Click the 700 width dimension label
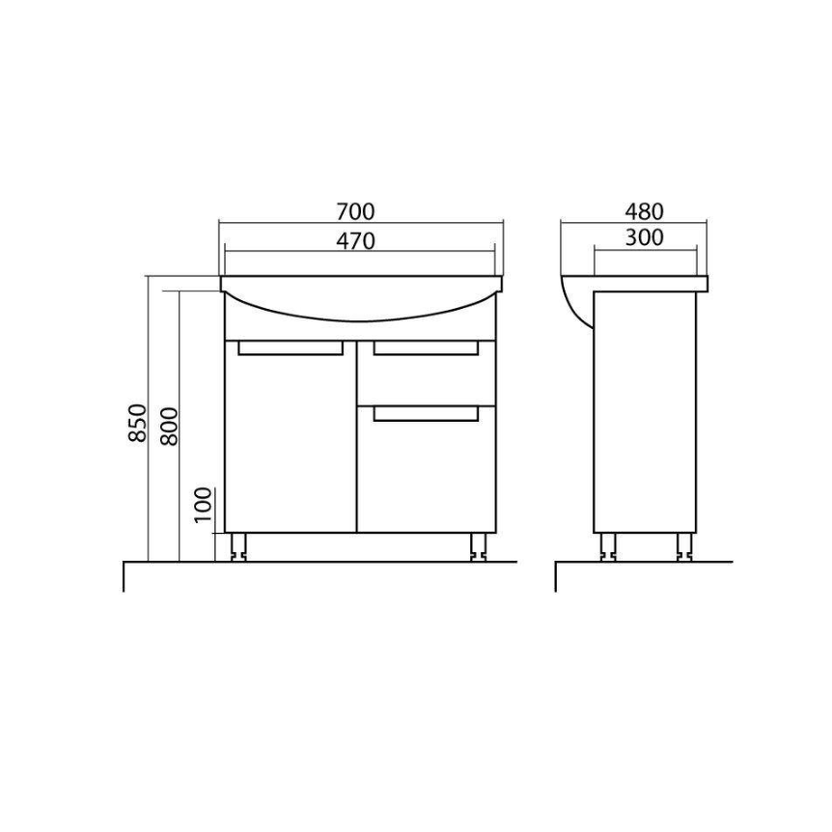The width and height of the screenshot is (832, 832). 355,211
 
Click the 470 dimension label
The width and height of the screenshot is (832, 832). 355,241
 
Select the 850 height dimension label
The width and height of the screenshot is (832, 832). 137,423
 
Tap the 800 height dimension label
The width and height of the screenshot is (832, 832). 169,426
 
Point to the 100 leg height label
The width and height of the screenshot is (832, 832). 203,505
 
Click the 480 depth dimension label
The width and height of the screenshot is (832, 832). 644,211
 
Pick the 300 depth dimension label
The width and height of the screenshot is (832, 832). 644,237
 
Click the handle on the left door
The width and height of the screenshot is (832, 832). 291,348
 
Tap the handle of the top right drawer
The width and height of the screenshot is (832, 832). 426,348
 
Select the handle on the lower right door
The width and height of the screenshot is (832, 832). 426,414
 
